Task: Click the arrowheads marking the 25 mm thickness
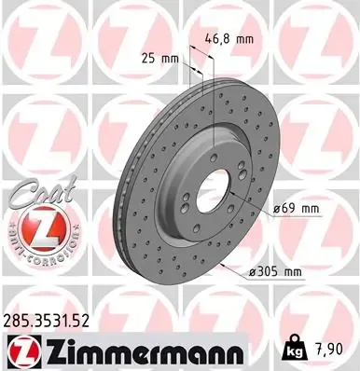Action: pyautogui.click(x=190, y=67)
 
